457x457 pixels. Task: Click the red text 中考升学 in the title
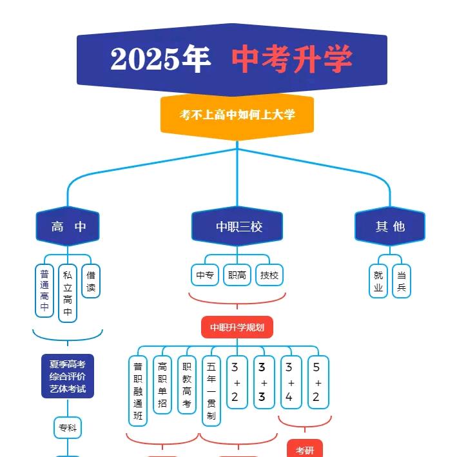(292, 59)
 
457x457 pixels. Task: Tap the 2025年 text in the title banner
(160, 59)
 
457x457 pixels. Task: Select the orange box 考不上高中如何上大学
(237, 115)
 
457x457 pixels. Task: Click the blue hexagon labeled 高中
(68, 226)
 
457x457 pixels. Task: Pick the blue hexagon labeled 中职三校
(238, 226)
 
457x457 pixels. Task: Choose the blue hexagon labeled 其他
(390, 226)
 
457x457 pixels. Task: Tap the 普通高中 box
(44, 290)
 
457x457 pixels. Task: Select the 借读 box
(91, 282)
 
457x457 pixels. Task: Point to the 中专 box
(205, 275)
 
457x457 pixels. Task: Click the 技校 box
(269, 275)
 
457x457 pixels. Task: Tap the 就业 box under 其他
(378, 281)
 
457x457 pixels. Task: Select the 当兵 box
(402, 281)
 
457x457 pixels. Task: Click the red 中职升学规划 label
(237, 327)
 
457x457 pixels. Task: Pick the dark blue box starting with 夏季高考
(68, 376)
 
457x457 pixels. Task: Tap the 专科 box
(68, 427)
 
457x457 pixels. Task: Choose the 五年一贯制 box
(211, 391)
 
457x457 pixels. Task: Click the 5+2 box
(316, 382)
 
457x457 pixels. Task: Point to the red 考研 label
(305, 449)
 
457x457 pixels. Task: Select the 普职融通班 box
(138, 391)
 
